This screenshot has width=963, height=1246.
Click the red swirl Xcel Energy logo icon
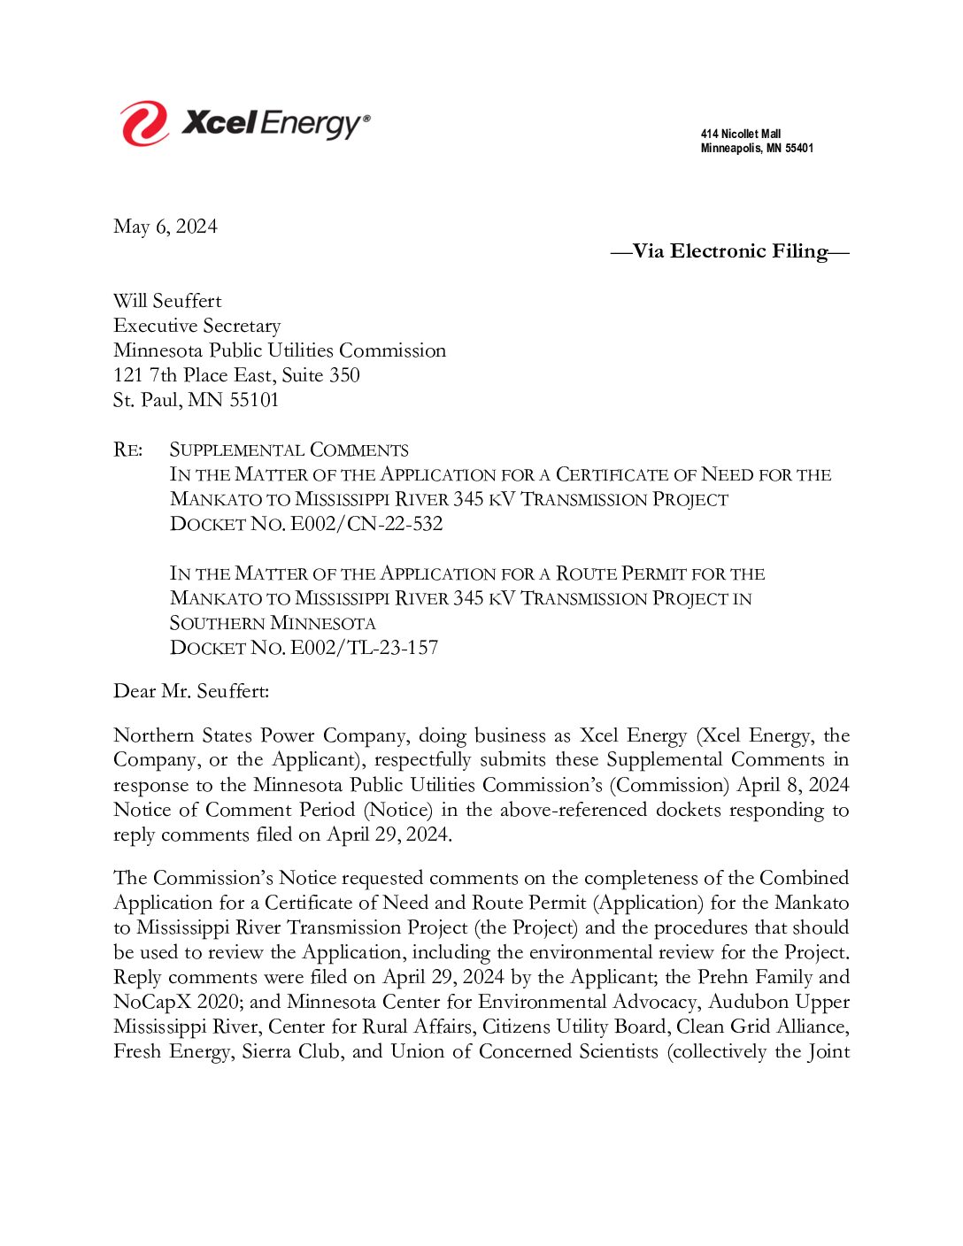coord(144,123)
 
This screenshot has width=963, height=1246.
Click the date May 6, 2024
coord(165,227)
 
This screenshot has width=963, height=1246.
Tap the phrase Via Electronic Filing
coord(729,251)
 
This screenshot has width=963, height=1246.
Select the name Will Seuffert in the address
coord(167,301)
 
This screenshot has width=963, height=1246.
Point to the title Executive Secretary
coord(196,326)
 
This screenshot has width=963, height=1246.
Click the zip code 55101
coord(254,400)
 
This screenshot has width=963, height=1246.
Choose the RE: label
coord(127,450)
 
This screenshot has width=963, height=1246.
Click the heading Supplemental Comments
coord(289,450)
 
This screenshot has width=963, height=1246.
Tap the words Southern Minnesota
coord(273,623)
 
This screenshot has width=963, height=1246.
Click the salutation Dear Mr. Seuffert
coord(190,691)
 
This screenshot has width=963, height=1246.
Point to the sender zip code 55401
coord(799,149)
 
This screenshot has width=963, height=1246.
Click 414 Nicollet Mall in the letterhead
coord(741,135)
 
